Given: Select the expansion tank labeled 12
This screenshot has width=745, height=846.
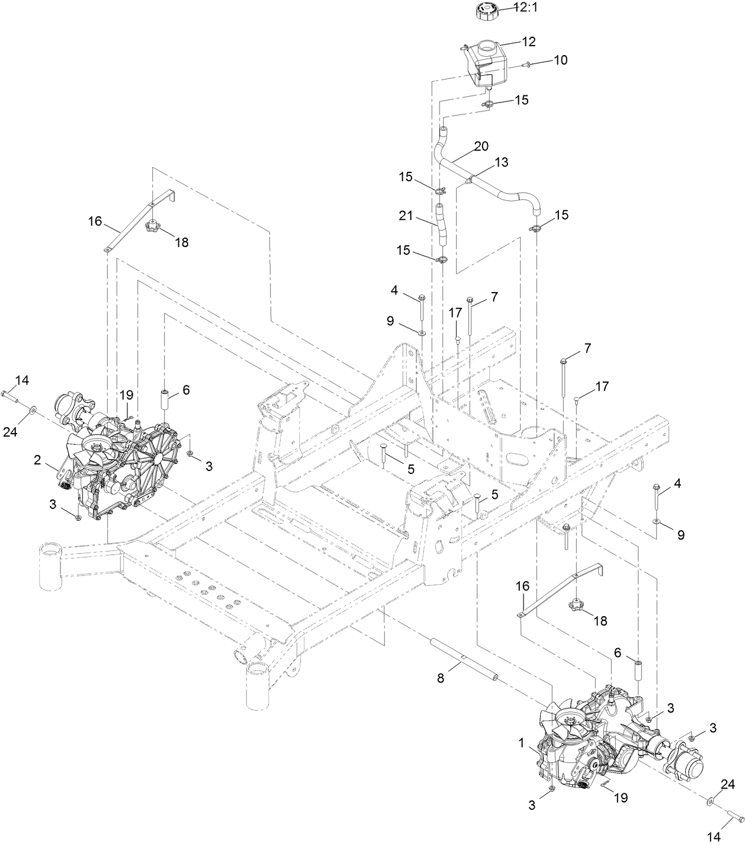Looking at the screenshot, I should click(x=486, y=62).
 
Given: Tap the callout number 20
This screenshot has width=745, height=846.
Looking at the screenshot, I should click(x=481, y=146).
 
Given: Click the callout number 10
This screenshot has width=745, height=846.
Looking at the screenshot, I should click(x=560, y=60).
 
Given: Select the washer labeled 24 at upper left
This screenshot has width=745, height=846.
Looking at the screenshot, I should click(x=31, y=409).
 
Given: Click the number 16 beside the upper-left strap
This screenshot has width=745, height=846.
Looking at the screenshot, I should click(x=95, y=221).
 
